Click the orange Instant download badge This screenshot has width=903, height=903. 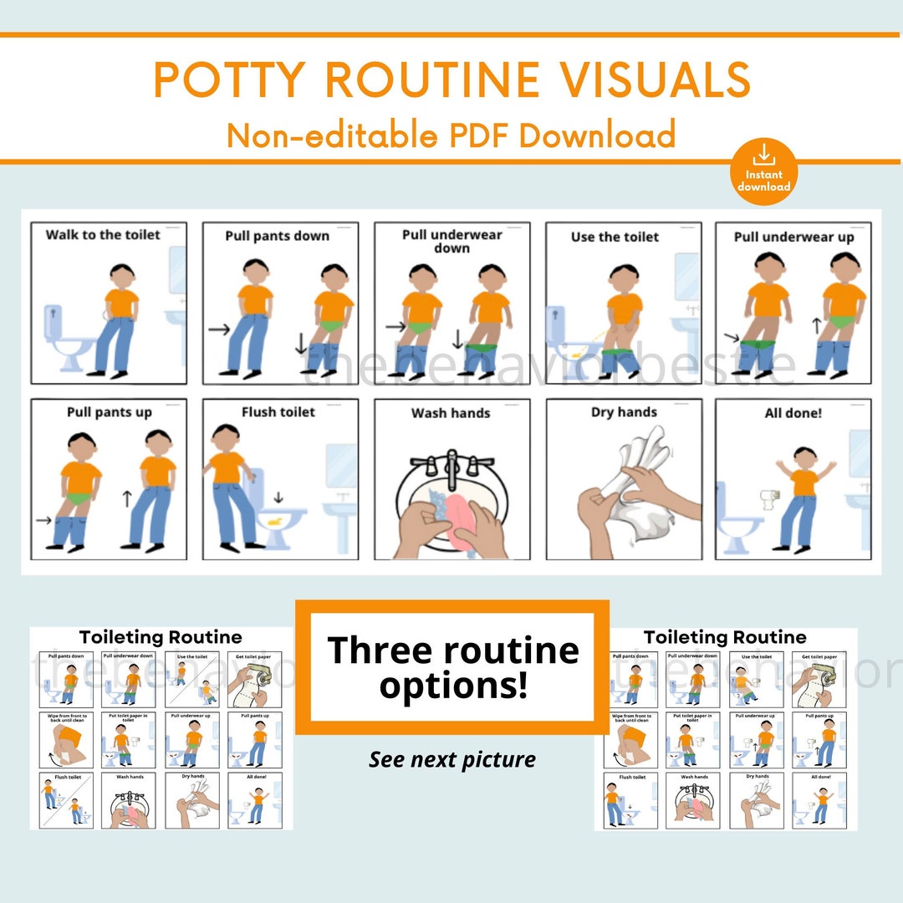(x=763, y=171)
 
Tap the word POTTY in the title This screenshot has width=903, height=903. (x=231, y=80)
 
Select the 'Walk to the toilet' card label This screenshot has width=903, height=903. (x=103, y=235)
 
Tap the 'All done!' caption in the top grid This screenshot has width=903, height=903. (x=793, y=413)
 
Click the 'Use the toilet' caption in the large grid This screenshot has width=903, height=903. (x=615, y=237)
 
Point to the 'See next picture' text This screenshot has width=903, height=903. (x=452, y=759)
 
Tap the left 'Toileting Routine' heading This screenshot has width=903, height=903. (x=161, y=638)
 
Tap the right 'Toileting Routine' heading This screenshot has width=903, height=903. (x=725, y=638)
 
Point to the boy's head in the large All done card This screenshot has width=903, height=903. (x=804, y=458)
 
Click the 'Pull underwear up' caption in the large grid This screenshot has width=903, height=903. (x=793, y=237)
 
